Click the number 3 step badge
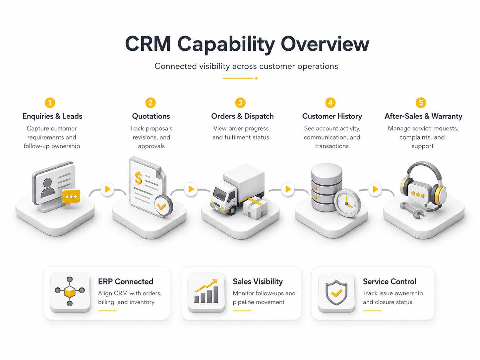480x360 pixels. pos(240,103)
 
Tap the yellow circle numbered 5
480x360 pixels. pos(421,103)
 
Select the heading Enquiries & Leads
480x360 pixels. pos(52,116)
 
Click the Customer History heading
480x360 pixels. pos(332,116)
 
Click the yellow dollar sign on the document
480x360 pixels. pos(138,178)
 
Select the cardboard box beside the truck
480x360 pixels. pos(255,208)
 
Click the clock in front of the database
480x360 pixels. pos(347,203)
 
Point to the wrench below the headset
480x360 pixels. pos(412,210)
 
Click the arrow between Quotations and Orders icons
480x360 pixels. pos(191,189)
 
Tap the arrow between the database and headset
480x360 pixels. pos(375,189)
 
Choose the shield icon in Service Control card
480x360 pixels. pos(336,292)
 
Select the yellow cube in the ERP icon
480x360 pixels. pos(70,291)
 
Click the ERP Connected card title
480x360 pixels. pos(126,281)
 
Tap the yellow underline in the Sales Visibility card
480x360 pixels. pos(242,311)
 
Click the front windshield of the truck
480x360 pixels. pos(219,194)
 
